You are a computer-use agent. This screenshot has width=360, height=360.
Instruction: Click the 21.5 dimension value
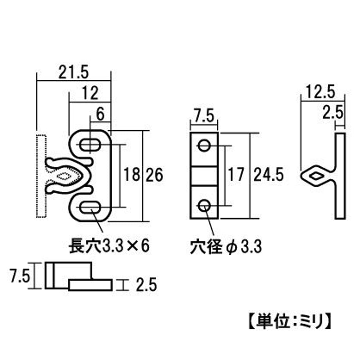pos(74,72)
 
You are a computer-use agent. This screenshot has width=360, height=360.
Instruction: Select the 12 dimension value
pos(90,93)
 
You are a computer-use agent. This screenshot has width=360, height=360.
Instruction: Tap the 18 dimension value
pos(132,175)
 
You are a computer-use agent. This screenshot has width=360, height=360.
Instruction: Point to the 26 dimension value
pos(155,175)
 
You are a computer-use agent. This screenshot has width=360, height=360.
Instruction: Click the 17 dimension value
pos(236,175)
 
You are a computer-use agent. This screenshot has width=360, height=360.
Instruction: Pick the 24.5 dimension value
pos(268,175)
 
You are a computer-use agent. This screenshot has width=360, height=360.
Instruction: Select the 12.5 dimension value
pos(320,92)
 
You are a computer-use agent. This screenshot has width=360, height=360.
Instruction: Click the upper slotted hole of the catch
pos(90,145)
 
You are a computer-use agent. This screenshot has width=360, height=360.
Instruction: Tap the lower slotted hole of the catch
pos(90,207)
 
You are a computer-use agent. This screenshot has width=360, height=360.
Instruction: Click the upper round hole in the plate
pos(204,146)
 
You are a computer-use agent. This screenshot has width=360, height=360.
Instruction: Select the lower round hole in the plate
pos(204,205)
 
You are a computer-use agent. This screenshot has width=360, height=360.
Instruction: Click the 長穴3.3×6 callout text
pos(109,246)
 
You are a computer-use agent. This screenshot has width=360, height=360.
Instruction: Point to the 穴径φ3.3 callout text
pos(226,247)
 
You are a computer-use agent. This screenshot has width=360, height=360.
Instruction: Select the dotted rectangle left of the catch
pos(41,176)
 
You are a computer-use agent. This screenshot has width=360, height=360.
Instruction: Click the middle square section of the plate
pos(204,176)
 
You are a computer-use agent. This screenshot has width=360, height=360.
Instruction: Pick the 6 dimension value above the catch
pos(100,114)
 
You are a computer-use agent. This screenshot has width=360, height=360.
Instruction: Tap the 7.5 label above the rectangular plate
pos(204,115)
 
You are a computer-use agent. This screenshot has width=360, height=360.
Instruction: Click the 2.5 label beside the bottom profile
pos(146,285)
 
